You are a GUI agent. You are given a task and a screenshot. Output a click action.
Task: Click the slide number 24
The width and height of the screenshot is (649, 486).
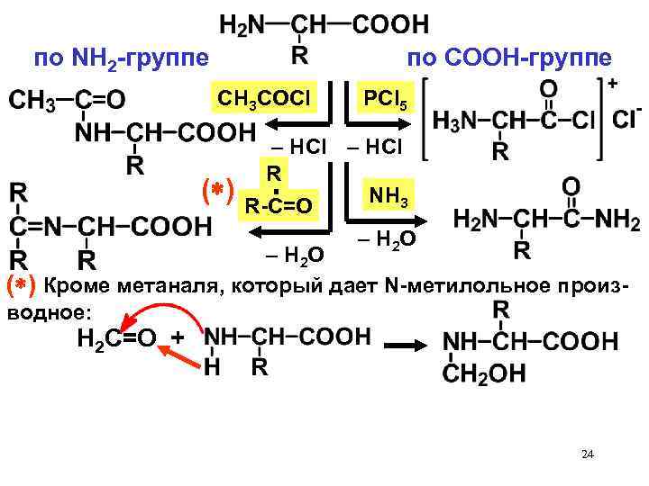pyautogui.click(x=588, y=454)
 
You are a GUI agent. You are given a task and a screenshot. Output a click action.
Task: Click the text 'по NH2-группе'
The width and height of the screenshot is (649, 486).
pyautogui.click(x=120, y=59)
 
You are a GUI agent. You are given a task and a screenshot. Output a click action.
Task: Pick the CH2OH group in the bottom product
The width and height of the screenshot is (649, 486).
pyautogui.click(x=486, y=374)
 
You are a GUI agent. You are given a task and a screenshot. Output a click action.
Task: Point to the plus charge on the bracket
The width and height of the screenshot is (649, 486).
pyautogui.click(x=612, y=83)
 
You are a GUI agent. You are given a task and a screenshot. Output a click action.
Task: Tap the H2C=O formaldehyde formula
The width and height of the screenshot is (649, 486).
pyautogui.click(x=115, y=340)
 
